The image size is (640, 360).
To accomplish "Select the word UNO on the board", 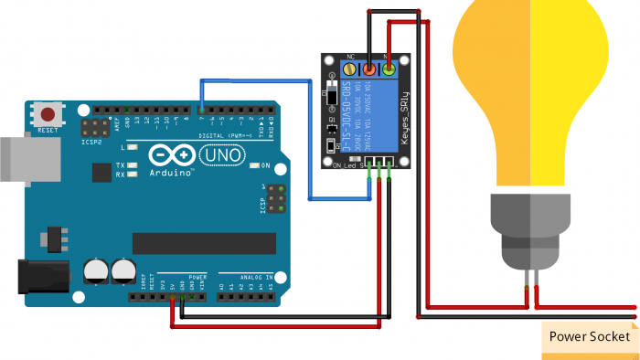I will click(x=226, y=155).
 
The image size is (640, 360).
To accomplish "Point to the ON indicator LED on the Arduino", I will click(x=254, y=166).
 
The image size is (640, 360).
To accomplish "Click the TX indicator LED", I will click(x=133, y=165).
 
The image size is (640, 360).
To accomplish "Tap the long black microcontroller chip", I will click(x=203, y=243).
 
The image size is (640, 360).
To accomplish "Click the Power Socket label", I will click(x=589, y=336).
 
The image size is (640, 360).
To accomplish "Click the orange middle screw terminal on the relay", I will click(x=369, y=69).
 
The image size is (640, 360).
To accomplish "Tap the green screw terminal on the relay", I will click(x=389, y=69).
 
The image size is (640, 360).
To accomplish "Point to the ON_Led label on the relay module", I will click(x=344, y=165).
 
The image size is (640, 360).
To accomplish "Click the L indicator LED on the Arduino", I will click(x=133, y=146).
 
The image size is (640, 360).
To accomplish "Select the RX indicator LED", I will click(x=133, y=174).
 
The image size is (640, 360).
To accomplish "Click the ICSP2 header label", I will click(x=91, y=142).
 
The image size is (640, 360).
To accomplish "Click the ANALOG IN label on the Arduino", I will click(x=245, y=276).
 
